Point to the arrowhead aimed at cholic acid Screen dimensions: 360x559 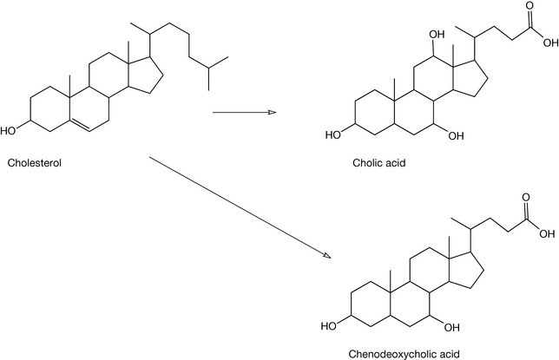270,112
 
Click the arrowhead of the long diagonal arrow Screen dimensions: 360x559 327,256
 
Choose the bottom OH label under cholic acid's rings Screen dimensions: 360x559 457,134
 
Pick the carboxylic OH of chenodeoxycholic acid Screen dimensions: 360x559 549,232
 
